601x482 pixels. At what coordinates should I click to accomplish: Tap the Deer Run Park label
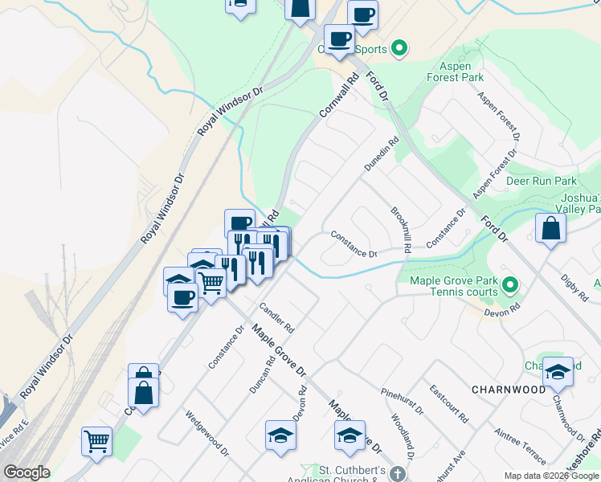point(542,181)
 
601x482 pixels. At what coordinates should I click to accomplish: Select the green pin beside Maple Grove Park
point(509,284)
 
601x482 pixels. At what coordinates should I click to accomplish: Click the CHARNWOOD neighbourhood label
point(509,390)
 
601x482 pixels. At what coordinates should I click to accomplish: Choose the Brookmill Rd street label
point(400,231)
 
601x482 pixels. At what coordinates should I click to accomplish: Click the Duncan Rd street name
point(263,374)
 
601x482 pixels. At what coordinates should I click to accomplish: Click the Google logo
point(27,472)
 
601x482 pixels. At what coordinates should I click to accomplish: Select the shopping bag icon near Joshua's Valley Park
point(552,227)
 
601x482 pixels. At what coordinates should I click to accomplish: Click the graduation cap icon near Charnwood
point(558,370)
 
